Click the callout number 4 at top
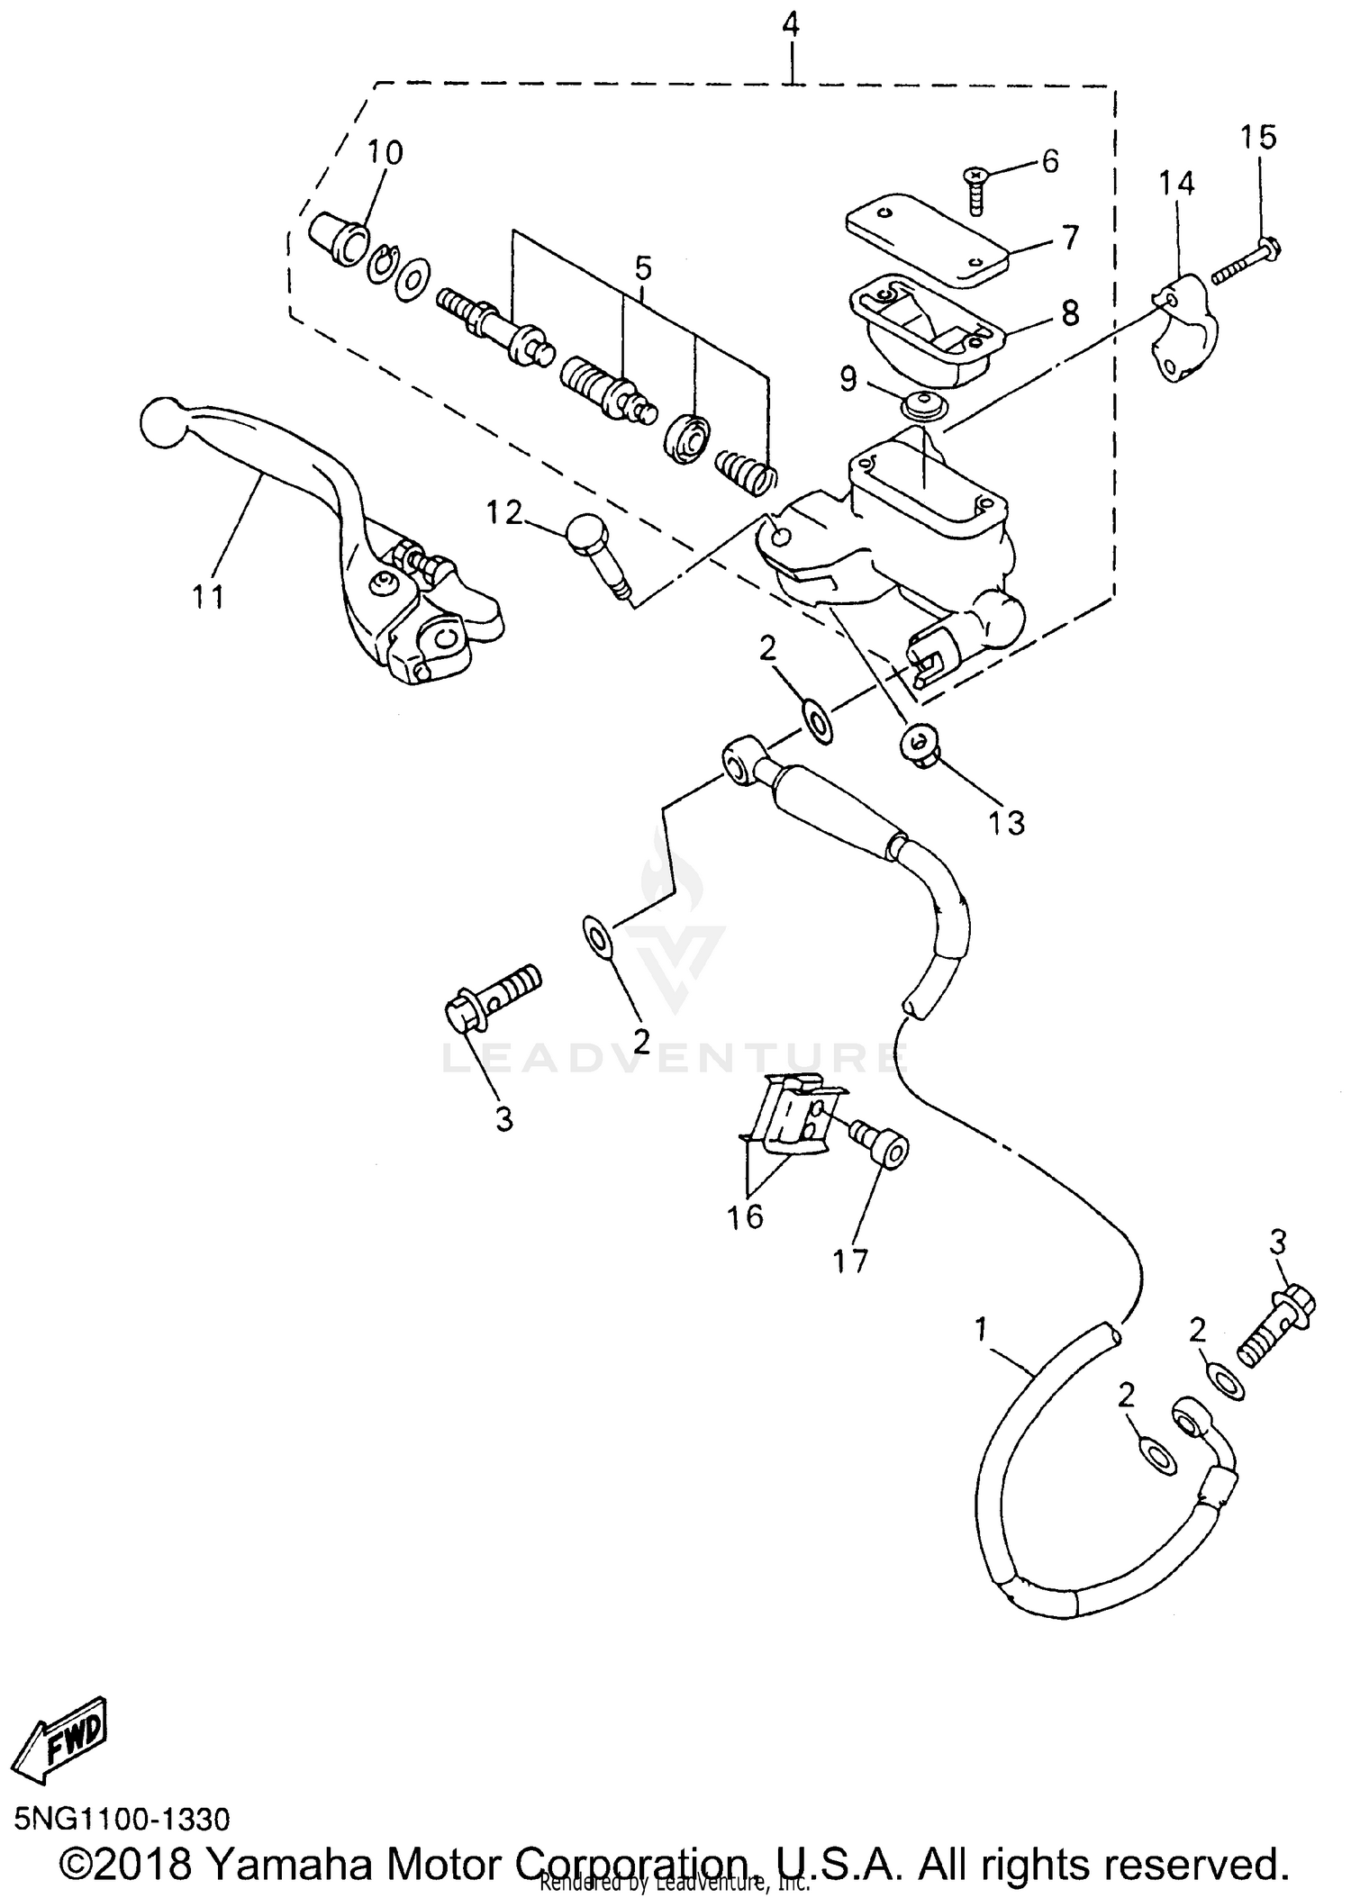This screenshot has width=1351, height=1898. (x=790, y=25)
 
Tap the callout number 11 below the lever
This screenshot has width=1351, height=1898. (x=208, y=596)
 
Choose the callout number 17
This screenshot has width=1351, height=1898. (x=850, y=1260)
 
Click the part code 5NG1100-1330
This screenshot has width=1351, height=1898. (x=122, y=1819)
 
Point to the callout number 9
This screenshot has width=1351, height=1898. (x=848, y=379)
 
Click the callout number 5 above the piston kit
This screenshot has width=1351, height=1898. (x=642, y=267)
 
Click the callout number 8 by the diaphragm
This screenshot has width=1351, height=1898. (x=1069, y=312)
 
